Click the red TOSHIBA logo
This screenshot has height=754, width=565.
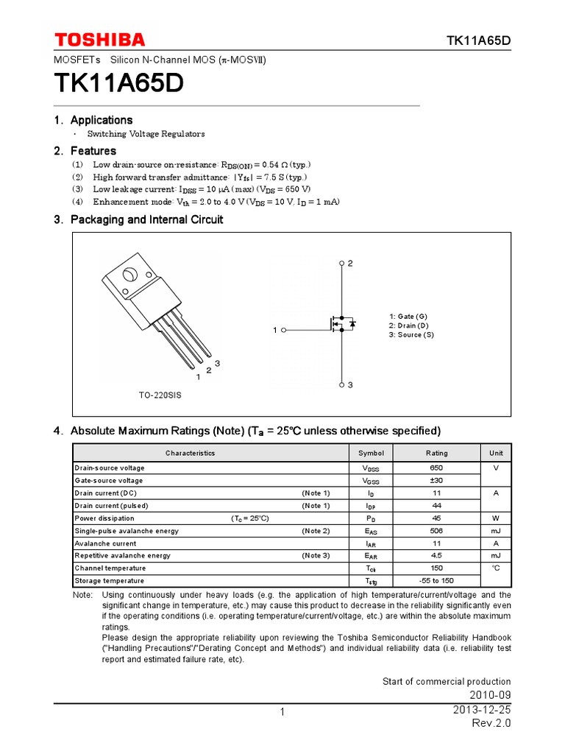[100, 40]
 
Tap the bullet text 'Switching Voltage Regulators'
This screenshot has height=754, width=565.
[146, 134]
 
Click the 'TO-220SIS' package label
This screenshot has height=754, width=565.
[160, 395]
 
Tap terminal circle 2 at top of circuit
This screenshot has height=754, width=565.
[342, 263]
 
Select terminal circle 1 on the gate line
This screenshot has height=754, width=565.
[284, 331]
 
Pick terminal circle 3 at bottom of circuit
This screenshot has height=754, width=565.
[342, 385]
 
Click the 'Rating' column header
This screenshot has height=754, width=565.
[436, 453]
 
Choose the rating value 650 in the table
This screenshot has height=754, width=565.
[436, 468]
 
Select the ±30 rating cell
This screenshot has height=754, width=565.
[436, 480]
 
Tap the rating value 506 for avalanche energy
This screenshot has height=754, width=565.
[436, 531]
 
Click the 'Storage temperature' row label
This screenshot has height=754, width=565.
[110, 581]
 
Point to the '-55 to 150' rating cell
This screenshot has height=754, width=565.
[436, 581]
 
